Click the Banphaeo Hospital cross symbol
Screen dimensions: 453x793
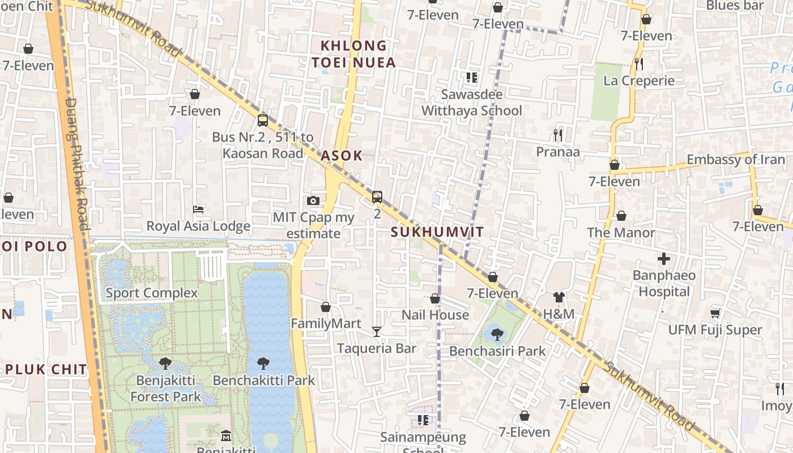point(664,259)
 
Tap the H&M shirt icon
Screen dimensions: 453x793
point(559,297)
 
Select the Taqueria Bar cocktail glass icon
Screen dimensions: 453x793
point(377,331)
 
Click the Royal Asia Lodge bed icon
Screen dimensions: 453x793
point(198,210)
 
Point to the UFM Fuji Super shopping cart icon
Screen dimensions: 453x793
point(715,313)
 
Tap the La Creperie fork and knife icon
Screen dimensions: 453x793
point(639,63)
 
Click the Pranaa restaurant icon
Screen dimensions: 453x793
point(558,135)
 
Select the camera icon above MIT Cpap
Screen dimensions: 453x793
point(313,200)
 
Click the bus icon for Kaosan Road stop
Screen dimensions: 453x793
point(263,120)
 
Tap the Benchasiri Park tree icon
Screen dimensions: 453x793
point(497,334)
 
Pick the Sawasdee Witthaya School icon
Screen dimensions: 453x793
point(472,77)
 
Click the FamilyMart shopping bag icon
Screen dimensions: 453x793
point(326,307)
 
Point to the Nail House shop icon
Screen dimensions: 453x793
point(435,298)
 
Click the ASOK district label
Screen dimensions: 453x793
point(342,156)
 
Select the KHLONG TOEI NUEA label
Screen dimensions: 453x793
point(353,54)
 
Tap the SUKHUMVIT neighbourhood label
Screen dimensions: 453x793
point(437,232)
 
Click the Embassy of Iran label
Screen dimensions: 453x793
point(736,160)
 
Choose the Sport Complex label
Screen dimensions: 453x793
point(152,293)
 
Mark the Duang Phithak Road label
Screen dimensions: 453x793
point(78,164)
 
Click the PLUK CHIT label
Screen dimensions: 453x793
point(47,370)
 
